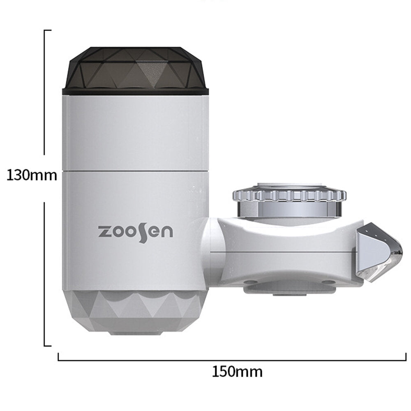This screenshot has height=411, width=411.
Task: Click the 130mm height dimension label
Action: [x=32, y=175]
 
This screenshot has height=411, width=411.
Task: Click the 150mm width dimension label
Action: [x=237, y=372]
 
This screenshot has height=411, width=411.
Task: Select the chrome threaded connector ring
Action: [x=290, y=201]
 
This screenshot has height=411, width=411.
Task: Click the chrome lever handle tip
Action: [x=379, y=252]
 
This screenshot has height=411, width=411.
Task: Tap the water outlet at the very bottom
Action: [x=136, y=333]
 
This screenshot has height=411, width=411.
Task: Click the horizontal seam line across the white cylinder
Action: [x=135, y=171]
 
